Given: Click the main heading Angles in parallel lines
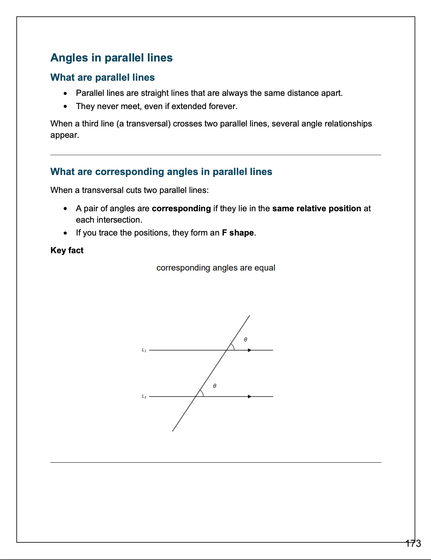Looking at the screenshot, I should [x=112, y=58].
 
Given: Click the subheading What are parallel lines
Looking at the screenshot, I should [x=102, y=77].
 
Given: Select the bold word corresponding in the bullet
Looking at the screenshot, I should [x=181, y=208].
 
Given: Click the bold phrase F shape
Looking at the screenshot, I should [x=238, y=233].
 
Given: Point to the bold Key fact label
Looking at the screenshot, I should [x=67, y=250].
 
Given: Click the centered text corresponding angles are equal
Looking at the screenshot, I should [x=216, y=268].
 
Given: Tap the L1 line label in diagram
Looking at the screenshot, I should [x=144, y=350].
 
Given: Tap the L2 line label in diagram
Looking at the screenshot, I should [x=144, y=396].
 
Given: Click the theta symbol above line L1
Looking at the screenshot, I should [x=245, y=340].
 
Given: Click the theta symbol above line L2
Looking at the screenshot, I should [x=215, y=386].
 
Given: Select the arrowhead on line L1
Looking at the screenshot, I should [x=250, y=350].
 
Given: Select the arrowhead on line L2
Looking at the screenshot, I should [x=250, y=396].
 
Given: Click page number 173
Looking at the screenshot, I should [x=413, y=543].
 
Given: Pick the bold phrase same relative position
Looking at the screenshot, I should [x=317, y=208].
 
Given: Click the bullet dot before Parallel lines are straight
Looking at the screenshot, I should [x=65, y=93].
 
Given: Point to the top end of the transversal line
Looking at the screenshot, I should [x=250, y=315].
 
